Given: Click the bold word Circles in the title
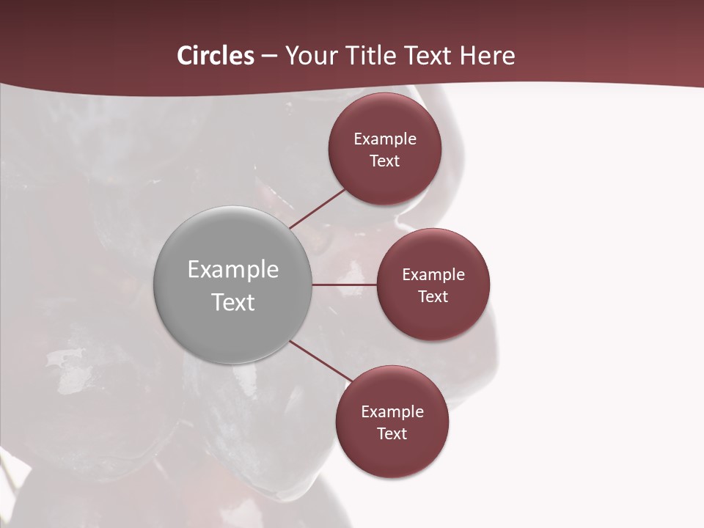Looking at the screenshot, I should pos(215,56).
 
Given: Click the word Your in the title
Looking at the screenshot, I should pos(309,56).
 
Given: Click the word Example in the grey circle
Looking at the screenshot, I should pos(233,270).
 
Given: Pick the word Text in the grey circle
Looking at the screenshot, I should pos(233,302).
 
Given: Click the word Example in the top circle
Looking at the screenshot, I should pos(385,139).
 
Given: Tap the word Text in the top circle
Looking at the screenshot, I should pos(385,161).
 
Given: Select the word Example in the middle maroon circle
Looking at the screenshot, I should pos(433,275).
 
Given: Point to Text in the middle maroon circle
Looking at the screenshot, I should pos(433,296).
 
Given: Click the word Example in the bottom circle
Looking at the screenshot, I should pos(392,412).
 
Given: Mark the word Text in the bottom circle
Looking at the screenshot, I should pos(392,434).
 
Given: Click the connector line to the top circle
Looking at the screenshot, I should pos(318,208).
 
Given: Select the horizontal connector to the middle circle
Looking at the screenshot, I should pos(344,285).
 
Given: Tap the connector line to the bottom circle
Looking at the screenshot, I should pos(320,362).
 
